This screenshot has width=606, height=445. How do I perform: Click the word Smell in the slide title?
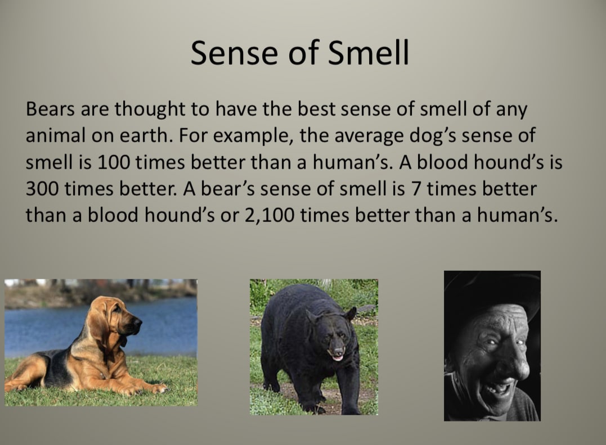click(x=369, y=53)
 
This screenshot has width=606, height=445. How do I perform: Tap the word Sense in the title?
click(x=234, y=53)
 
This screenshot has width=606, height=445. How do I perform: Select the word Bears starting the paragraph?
click(x=50, y=109)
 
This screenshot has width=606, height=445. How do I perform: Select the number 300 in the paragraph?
click(x=42, y=189)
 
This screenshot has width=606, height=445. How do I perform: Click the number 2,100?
click(x=269, y=215)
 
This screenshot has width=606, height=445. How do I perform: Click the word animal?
click(x=55, y=135)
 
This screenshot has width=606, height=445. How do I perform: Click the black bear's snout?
click(x=337, y=352)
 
